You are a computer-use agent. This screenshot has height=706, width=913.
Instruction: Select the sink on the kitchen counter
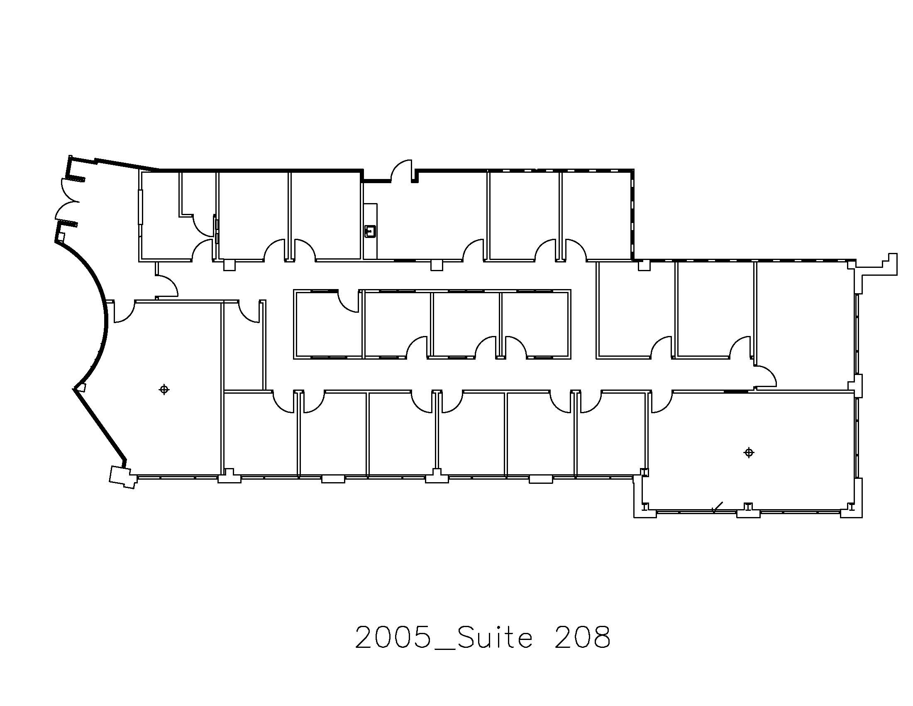(x=370, y=231)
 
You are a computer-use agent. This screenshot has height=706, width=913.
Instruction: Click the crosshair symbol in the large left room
(x=164, y=390)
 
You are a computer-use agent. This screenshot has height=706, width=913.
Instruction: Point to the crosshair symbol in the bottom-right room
(x=749, y=453)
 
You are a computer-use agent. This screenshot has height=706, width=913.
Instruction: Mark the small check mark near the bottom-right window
(x=718, y=507)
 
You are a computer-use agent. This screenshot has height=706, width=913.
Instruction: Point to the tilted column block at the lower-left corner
(x=122, y=477)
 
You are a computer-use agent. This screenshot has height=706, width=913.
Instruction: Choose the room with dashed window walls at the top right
(x=596, y=216)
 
